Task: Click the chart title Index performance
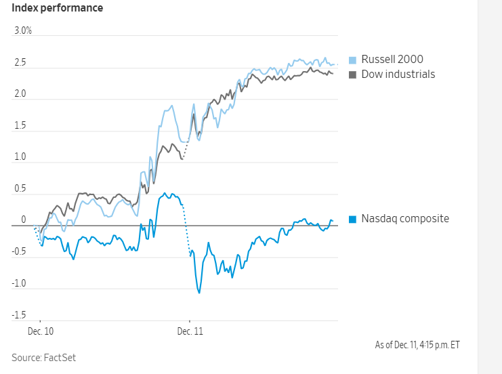[x=58, y=8]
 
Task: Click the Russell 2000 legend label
[x=392, y=60]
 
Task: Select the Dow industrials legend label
[x=398, y=74]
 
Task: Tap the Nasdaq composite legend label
[x=404, y=218]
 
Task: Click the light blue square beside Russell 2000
[x=352, y=60]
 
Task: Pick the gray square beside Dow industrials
[x=352, y=74]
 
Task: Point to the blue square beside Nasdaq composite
[x=352, y=219]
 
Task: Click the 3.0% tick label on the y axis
[x=22, y=31]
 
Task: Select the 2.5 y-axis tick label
[x=20, y=64]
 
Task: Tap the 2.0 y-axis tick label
[x=20, y=95]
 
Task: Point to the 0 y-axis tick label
[x=24, y=220]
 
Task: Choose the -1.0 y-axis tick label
[x=19, y=284]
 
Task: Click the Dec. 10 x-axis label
[x=41, y=332]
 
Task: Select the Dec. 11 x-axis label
[x=190, y=332]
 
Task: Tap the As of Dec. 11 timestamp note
[x=417, y=345]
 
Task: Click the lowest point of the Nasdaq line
[x=199, y=293]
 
